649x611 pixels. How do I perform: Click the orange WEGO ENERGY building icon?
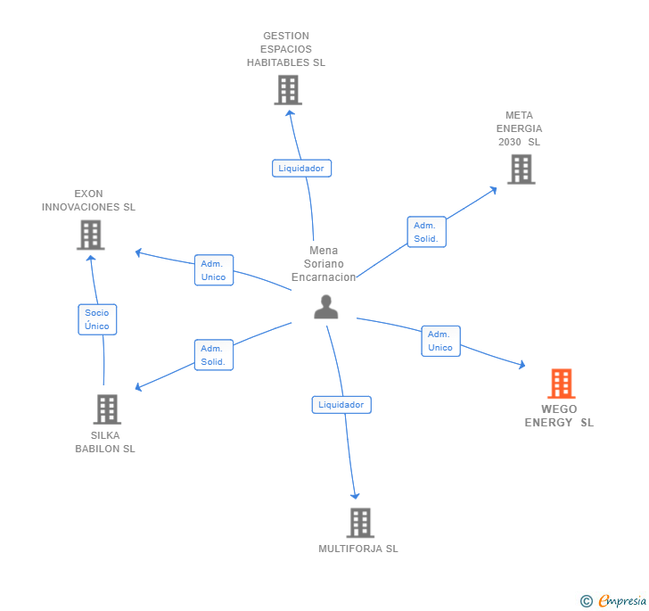[x=561, y=384]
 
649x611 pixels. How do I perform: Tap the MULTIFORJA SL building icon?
[x=359, y=523]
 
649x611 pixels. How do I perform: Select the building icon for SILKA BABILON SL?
[x=107, y=409]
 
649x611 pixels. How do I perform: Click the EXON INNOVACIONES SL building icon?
[x=90, y=235]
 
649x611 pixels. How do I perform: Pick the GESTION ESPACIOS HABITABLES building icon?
[x=287, y=90]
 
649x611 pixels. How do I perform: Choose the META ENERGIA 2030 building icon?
[x=521, y=169]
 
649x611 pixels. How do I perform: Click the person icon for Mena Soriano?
[x=326, y=307]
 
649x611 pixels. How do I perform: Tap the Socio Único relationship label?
[x=97, y=319]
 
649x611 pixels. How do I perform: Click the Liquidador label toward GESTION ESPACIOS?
[x=301, y=168]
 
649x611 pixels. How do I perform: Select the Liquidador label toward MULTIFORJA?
[x=341, y=405]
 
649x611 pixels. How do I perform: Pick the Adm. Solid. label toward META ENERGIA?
[x=426, y=232]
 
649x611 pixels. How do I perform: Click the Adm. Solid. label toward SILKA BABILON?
[x=213, y=355]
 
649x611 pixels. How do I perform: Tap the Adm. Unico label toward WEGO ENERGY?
[x=440, y=341]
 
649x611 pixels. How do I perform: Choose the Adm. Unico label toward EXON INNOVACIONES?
[x=214, y=270]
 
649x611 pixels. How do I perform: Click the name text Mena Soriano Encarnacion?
[x=324, y=264]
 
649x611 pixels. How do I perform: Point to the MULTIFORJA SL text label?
[x=358, y=549]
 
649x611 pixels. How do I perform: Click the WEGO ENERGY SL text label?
[x=559, y=416]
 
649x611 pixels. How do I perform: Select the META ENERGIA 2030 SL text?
[x=519, y=128]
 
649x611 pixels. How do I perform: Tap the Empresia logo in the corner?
[x=612, y=600]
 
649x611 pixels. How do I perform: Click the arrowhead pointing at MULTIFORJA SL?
[x=355, y=495]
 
